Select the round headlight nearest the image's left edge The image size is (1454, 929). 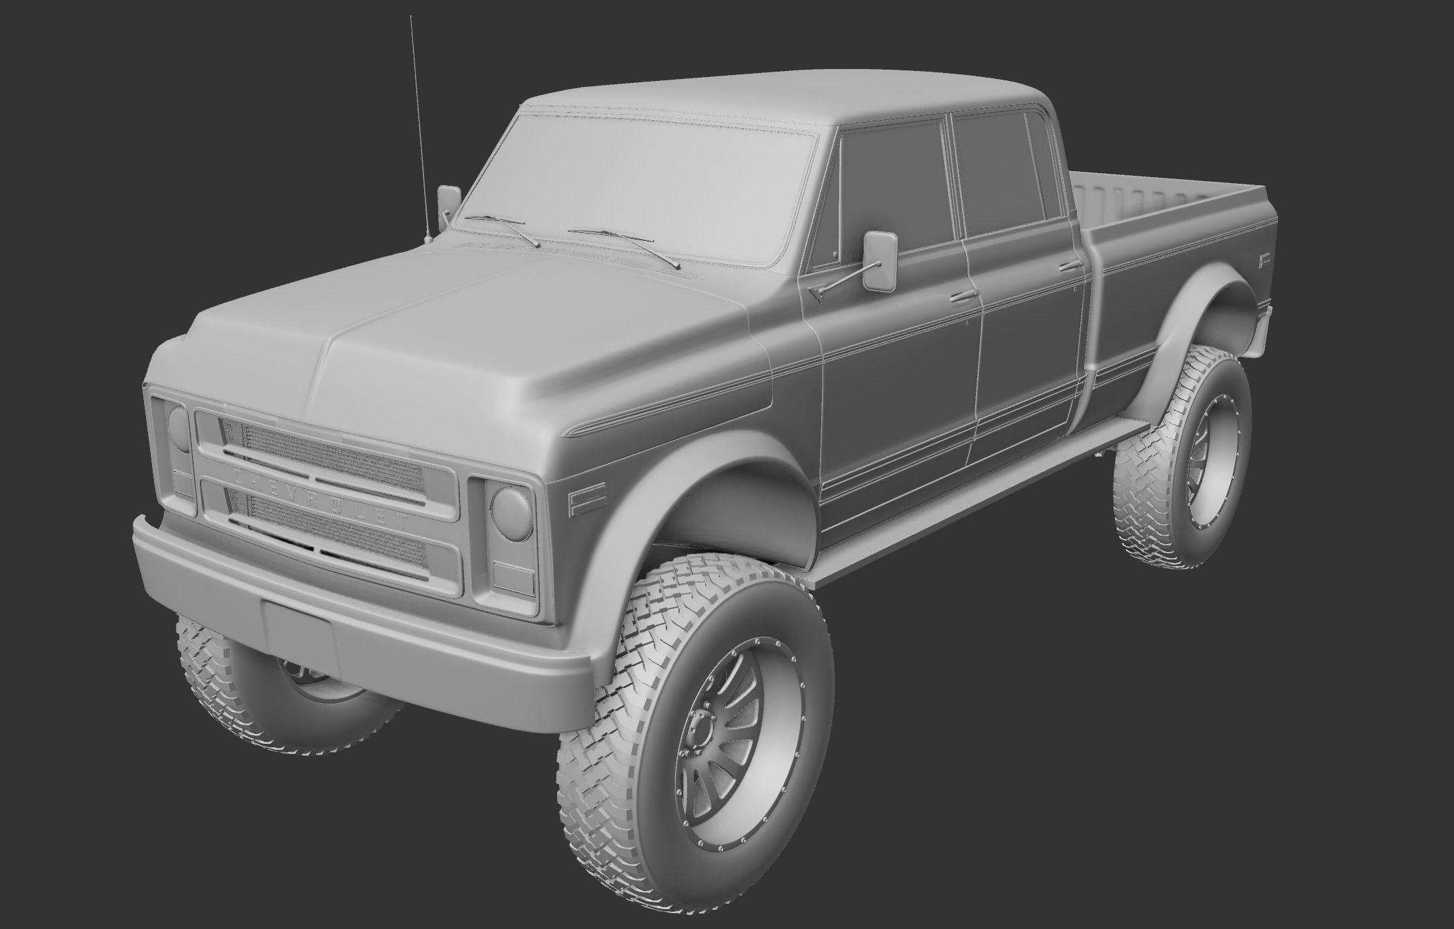178,427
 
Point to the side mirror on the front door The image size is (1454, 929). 880,259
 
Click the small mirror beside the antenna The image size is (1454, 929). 448,200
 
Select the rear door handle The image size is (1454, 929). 1070,267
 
